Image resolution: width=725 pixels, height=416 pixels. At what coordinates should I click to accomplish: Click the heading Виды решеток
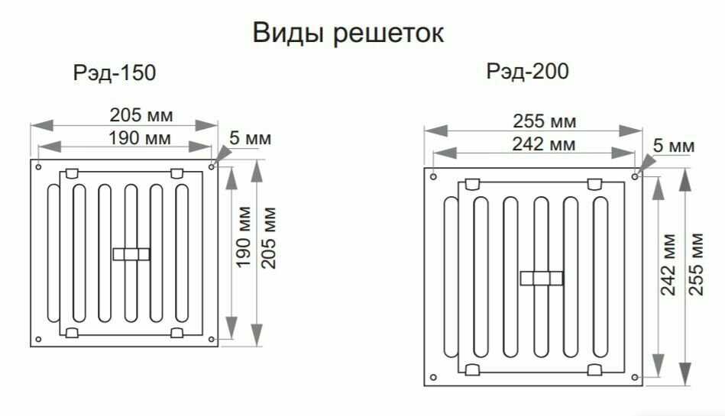pos(348,34)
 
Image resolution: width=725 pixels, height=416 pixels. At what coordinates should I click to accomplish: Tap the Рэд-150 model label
pos(114,74)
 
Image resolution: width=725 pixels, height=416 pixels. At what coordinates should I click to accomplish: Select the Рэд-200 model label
pos(528,72)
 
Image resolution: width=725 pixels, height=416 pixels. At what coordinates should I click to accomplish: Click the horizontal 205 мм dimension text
pos(141,115)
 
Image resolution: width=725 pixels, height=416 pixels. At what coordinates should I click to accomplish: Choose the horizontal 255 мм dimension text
pos(545,121)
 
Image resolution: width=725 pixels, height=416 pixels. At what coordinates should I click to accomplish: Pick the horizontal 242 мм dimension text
pos(545,144)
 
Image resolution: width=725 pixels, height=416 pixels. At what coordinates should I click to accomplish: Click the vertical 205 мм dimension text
pos(268,237)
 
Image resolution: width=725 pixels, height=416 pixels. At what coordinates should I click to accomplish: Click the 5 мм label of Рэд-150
pos(250,139)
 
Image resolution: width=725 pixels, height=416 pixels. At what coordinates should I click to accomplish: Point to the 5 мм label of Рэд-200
pos(674,145)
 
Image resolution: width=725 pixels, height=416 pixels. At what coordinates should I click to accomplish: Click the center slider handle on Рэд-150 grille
pos(131,253)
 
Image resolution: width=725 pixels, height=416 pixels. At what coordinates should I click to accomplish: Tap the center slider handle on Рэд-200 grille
pos(541,279)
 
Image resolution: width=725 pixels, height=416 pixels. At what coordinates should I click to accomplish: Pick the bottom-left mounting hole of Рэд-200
pos(433,376)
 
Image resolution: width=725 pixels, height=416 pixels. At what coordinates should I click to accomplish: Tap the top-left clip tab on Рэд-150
pos(72,173)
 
